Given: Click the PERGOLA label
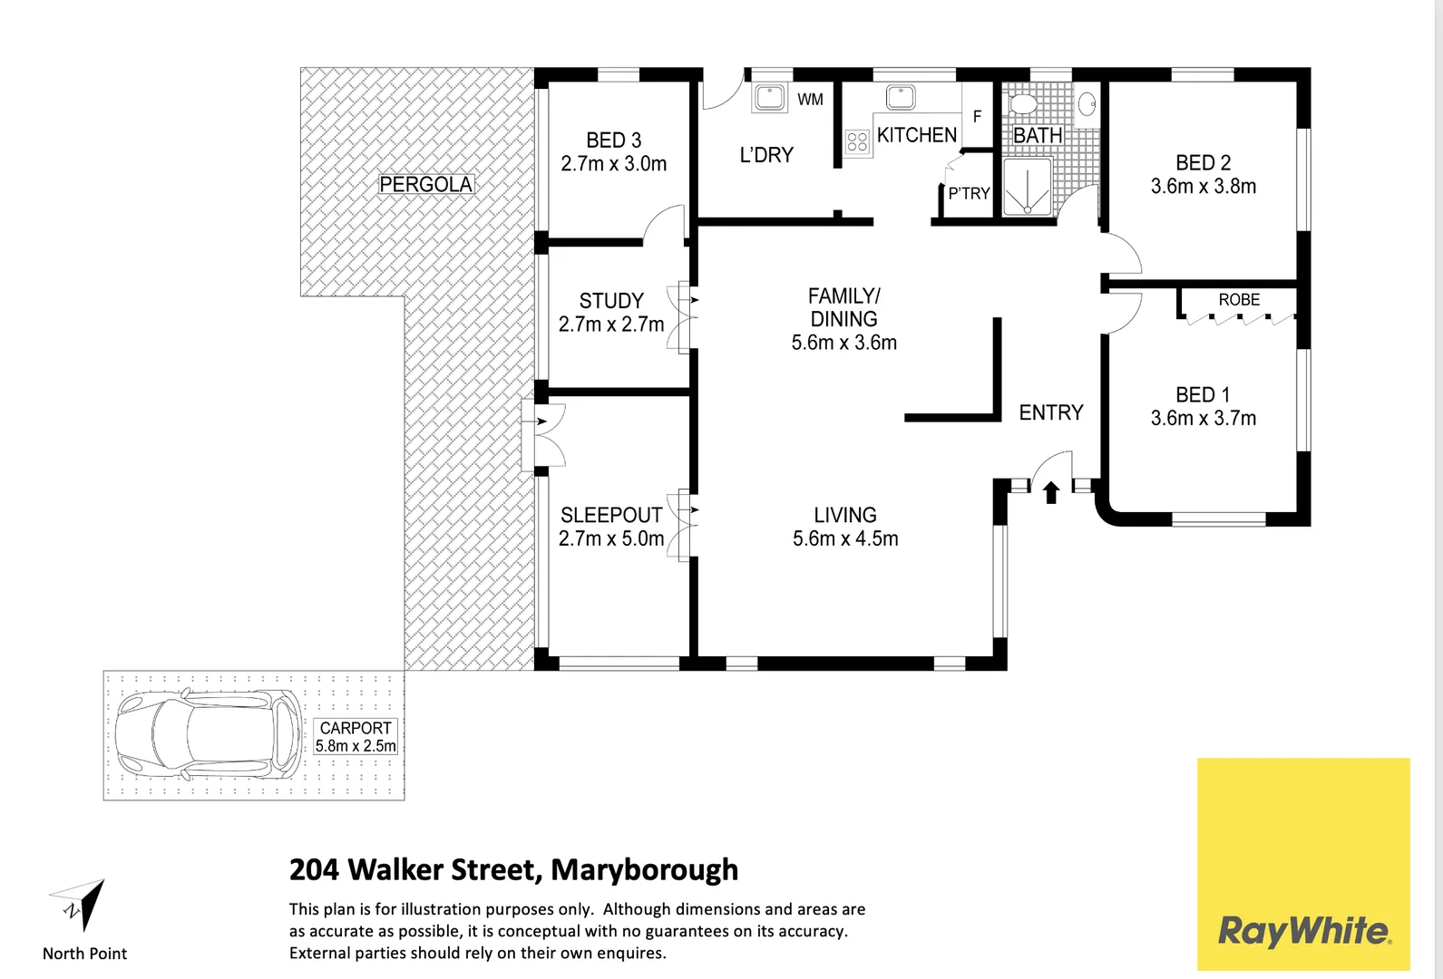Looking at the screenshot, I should tap(425, 184).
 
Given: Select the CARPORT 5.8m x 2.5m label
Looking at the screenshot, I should tap(356, 737).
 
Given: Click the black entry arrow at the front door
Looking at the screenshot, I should tap(1051, 492).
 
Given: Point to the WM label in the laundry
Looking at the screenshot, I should tap(810, 100).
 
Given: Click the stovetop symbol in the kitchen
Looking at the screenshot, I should tap(857, 141).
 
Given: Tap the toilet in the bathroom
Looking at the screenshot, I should tap(1022, 102).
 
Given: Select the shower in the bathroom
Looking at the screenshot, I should tap(1028, 188).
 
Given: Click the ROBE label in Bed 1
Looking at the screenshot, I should tap(1239, 299).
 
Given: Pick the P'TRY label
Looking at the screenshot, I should tap(969, 193).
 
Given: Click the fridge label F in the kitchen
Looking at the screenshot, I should tap(977, 117).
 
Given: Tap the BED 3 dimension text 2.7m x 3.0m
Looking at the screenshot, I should tap(613, 164).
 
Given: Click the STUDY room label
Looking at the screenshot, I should tap(611, 300).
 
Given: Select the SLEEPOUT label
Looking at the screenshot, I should tap(611, 515).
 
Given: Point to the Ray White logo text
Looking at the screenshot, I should tap(1303, 931).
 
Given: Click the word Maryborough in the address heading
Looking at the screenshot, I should tap(644, 869).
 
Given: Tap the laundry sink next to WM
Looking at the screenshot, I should tap(769, 97).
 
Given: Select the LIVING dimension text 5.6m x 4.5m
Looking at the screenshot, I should tap(845, 538).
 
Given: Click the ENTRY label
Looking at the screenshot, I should tap(1051, 412).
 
